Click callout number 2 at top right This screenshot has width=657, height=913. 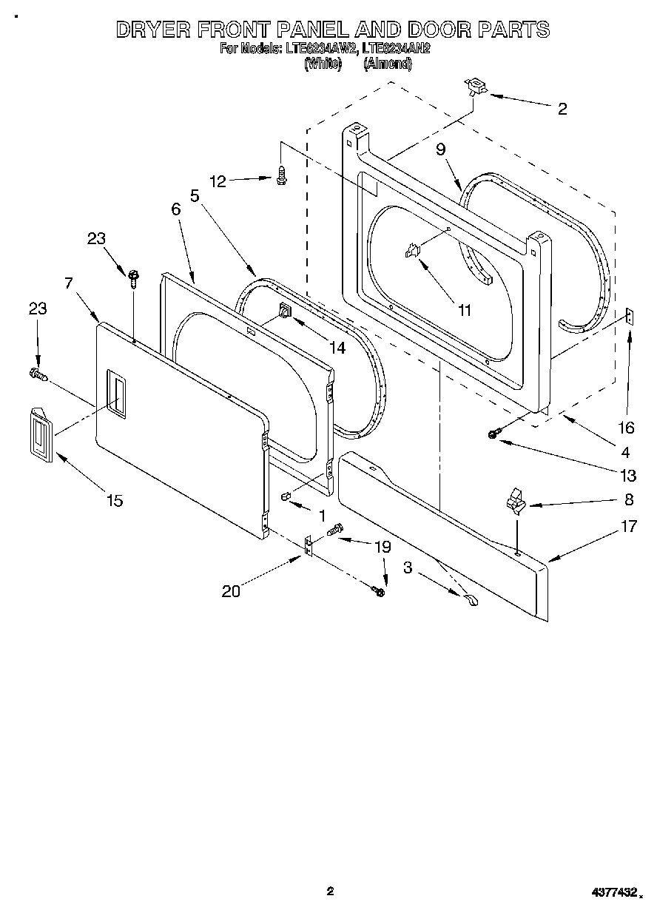pyautogui.click(x=562, y=109)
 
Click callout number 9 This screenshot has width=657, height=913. pyautogui.click(x=440, y=149)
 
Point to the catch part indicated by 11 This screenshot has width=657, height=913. pyautogui.click(x=413, y=252)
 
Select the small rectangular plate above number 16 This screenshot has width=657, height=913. pyautogui.click(x=629, y=317)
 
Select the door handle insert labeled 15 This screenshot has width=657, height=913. pyautogui.click(x=41, y=437)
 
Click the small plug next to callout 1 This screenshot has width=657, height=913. pyautogui.click(x=284, y=496)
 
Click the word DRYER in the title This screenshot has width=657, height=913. pyautogui.click(x=152, y=30)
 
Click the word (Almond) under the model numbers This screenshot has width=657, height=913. pyautogui.click(x=388, y=64)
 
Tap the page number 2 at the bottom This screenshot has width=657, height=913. pyautogui.click(x=330, y=892)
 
